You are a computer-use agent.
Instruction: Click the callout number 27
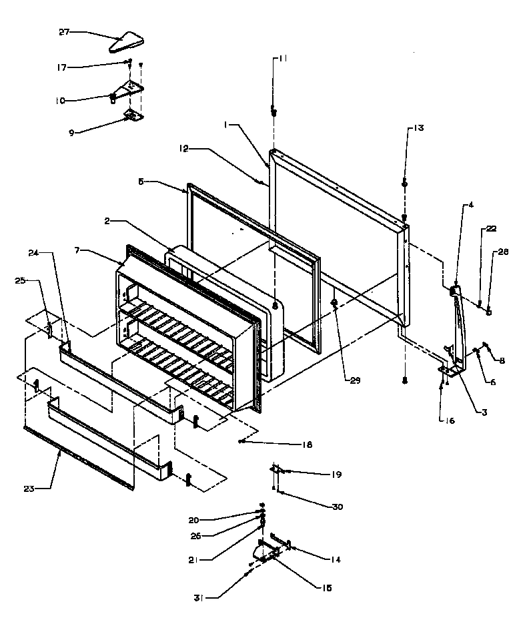click(x=65, y=31)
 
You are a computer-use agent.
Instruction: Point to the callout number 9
click(x=72, y=132)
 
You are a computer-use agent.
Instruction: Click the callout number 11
click(x=283, y=59)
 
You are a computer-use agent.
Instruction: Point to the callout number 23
click(x=28, y=488)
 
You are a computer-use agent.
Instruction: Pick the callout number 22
click(x=491, y=229)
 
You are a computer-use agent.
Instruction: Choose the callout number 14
click(x=336, y=559)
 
